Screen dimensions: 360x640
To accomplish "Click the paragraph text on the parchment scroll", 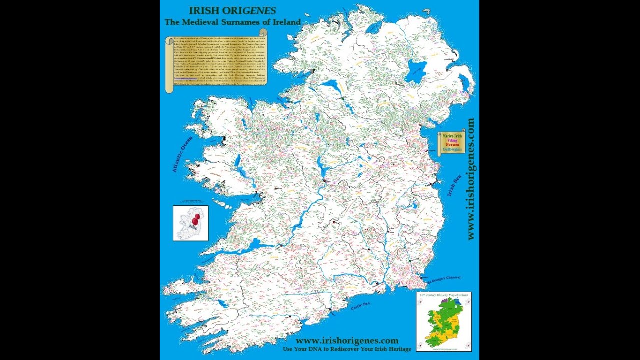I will click(216, 59).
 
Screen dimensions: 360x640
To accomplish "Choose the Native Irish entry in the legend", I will click(452, 136).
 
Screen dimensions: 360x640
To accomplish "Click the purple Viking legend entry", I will click(452, 140).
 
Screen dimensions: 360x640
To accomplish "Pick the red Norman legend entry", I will click(452, 145).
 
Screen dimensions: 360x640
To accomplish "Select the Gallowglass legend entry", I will click(452, 149).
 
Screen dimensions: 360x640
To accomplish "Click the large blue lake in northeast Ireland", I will click(416, 72).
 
